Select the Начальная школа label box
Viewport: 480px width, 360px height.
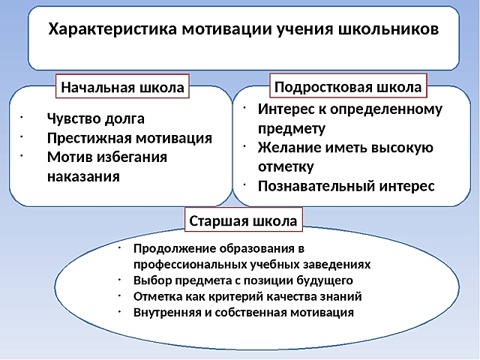pos(122,87)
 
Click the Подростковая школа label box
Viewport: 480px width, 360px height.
pos(348,86)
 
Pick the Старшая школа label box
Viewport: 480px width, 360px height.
pos(244,221)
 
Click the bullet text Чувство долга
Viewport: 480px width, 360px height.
pos(95,119)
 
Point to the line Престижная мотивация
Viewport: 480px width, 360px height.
pos(129,138)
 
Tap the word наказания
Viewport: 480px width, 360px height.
pos(83,177)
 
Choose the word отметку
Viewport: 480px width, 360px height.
pos(286,166)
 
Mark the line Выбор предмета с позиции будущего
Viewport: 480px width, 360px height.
pos(242,280)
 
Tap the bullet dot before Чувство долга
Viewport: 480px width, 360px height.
pos(23,117)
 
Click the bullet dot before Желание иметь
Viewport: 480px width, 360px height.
pos(245,145)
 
